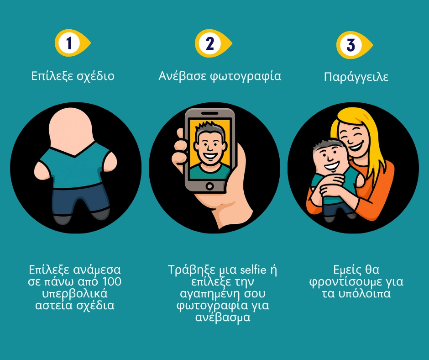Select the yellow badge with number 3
354,45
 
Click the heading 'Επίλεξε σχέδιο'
73,76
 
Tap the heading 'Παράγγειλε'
356,77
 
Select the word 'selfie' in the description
253,270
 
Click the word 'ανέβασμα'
223,317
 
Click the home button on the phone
209,186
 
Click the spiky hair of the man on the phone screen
209,129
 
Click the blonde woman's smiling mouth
357,145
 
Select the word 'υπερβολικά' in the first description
75,294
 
